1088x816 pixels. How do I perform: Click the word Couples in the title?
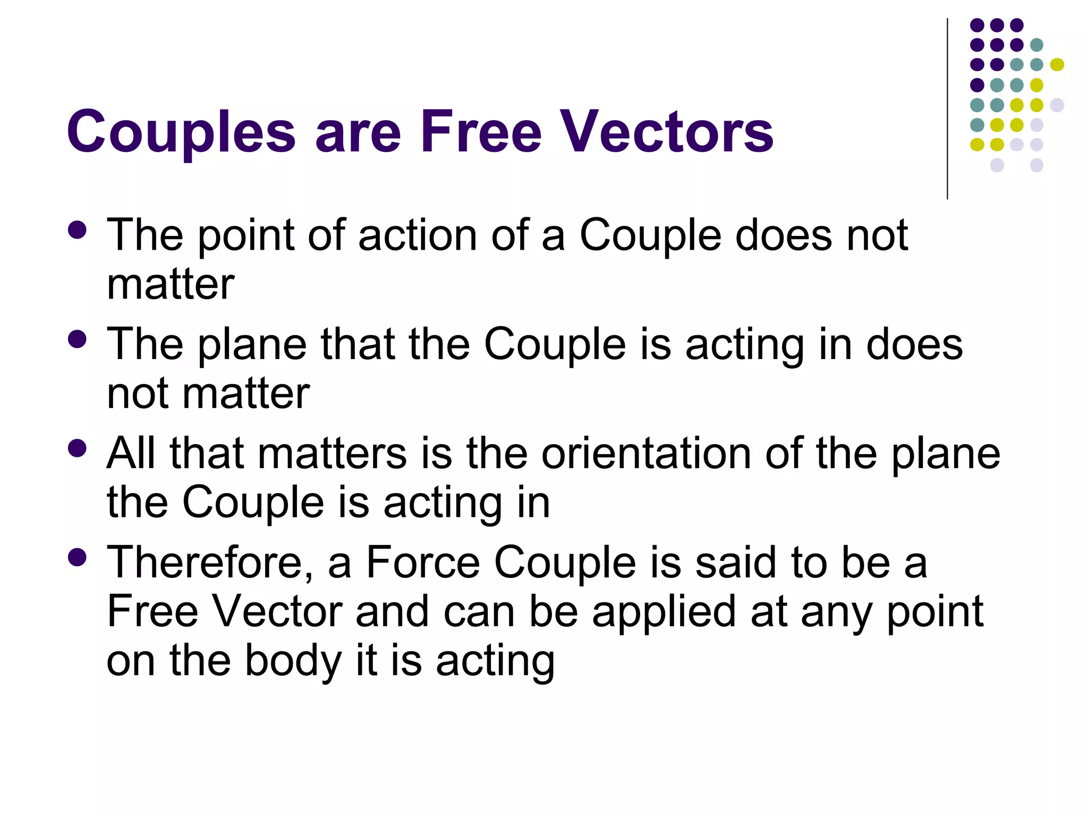181,132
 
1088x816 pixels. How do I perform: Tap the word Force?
423,563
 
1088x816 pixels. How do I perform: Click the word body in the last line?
293,661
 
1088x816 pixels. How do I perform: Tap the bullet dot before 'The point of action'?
78,230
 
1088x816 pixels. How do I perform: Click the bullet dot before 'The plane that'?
78,339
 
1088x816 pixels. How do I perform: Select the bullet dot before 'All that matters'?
78,448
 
